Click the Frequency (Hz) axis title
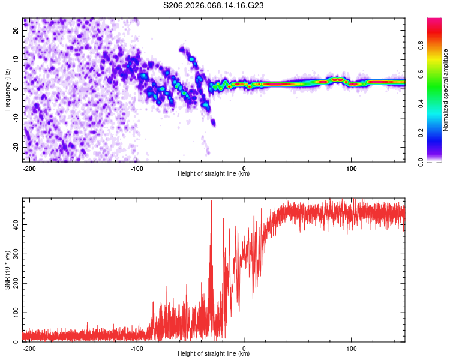8,89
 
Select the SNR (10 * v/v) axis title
8,269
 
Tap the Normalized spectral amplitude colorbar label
445,89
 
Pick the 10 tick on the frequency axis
17,59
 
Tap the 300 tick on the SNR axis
15,254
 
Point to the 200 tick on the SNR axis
15,283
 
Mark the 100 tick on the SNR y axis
15,313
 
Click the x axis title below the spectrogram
214,174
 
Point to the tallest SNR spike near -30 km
211,202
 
